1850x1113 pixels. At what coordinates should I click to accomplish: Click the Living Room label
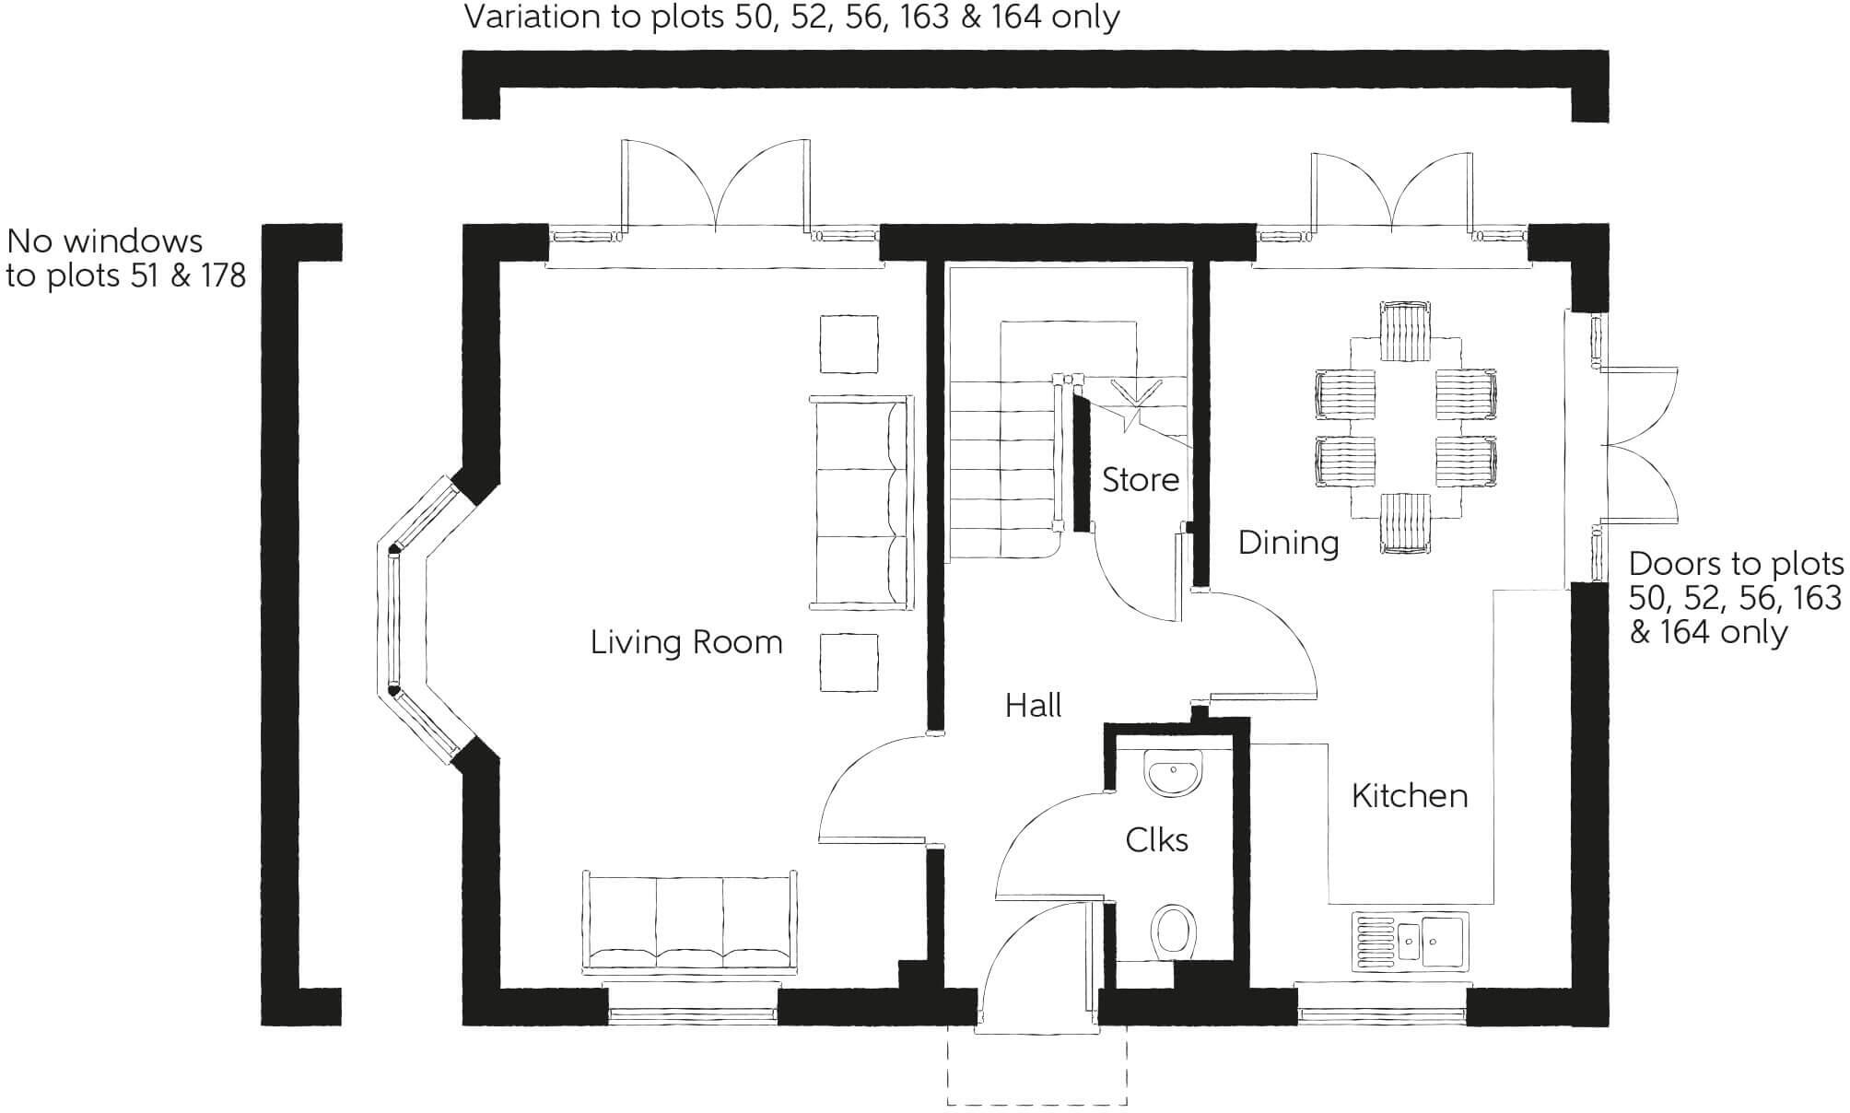click(x=685, y=642)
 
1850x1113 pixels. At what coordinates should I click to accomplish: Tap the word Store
click(x=1140, y=480)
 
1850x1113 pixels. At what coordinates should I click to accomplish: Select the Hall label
click(x=1033, y=707)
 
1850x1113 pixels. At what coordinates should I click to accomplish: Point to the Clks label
click(x=1156, y=840)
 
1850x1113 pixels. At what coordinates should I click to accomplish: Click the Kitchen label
click(x=1409, y=796)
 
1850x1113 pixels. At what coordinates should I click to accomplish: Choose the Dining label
click(x=1287, y=543)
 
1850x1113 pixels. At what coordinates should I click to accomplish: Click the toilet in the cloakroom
click(x=1174, y=931)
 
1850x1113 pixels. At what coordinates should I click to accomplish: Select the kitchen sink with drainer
click(x=1410, y=942)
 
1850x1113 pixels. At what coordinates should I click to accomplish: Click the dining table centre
click(x=1406, y=428)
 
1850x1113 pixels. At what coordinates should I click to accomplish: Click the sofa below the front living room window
click(x=690, y=922)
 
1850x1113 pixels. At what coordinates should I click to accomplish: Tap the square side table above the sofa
click(x=849, y=344)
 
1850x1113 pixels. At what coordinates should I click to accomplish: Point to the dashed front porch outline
click(x=1037, y=1078)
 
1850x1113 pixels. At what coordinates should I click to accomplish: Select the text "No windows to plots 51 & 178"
click(x=126, y=259)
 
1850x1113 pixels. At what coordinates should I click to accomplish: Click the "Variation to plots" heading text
click(x=791, y=17)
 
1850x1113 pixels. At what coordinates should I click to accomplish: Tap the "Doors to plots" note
click(x=1735, y=598)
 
